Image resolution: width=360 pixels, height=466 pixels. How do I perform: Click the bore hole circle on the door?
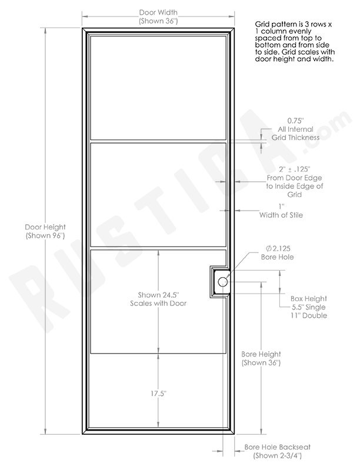pyautogui.click(x=222, y=283)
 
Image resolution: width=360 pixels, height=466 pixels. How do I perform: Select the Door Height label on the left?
pyautogui.click(x=45, y=227)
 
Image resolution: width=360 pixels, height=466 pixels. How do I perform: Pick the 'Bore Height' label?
pyautogui.click(x=261, y=354)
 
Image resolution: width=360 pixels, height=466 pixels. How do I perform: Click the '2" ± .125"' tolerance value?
pyautogui.click(x=288, y=168)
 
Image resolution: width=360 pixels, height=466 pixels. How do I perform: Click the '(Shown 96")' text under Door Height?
pyautogui.click(x=45, y=236)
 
